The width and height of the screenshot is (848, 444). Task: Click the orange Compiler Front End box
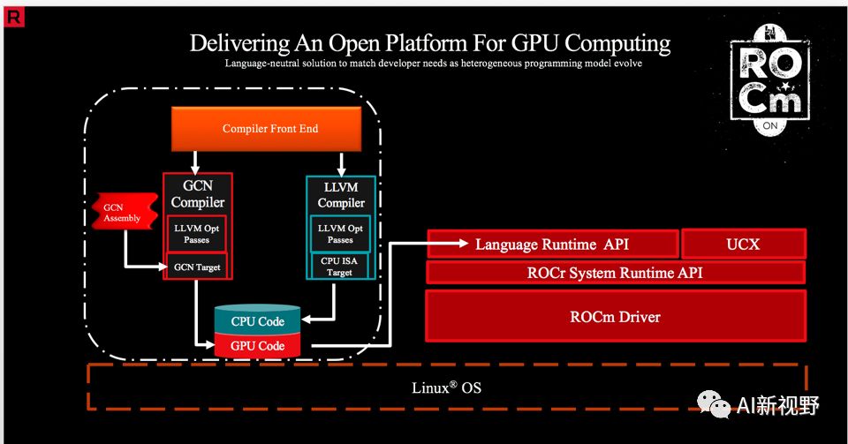[270, 130]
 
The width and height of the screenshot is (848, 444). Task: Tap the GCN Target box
[197, 267]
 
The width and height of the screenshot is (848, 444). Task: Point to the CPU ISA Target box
[340, 267]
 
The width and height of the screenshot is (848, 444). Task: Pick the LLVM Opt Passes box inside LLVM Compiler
[340, 234]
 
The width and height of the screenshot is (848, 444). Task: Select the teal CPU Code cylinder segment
[257, 321]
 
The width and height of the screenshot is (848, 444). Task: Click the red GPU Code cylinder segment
[257, 346]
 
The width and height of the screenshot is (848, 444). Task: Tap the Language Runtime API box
[553, 244]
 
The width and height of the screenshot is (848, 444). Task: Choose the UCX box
[743, 244]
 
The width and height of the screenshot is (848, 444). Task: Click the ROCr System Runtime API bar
[615, 273]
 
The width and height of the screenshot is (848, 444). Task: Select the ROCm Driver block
[615, 316]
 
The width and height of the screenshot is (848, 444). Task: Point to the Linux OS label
[446, 388]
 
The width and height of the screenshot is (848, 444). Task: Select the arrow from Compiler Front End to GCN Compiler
[197, 162]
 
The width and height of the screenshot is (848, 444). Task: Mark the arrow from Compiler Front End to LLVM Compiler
[340, 162]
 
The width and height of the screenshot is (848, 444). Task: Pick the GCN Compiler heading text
[197, 194]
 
